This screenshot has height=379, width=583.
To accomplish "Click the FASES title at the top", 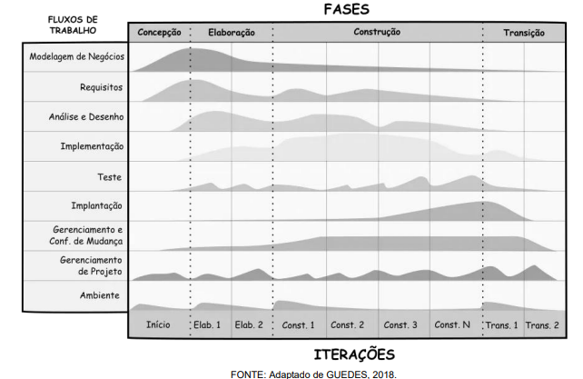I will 346,9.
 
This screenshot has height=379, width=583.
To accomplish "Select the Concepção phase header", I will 159,33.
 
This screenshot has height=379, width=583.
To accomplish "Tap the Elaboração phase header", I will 232,33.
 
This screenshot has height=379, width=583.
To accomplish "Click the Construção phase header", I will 377,33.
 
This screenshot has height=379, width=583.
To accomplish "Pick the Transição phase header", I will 524,33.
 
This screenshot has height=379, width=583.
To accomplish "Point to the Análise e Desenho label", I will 86,117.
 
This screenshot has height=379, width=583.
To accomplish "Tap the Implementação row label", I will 92,146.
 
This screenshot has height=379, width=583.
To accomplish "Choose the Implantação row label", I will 96,206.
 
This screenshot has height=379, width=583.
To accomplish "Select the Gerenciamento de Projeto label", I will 90,265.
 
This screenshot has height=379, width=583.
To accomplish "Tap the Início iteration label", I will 159,325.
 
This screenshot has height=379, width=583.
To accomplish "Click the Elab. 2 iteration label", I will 249,325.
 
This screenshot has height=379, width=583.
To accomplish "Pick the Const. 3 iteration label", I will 400,325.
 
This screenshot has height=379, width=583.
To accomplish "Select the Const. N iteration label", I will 452,325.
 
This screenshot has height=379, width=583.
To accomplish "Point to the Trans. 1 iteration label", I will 501,325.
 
